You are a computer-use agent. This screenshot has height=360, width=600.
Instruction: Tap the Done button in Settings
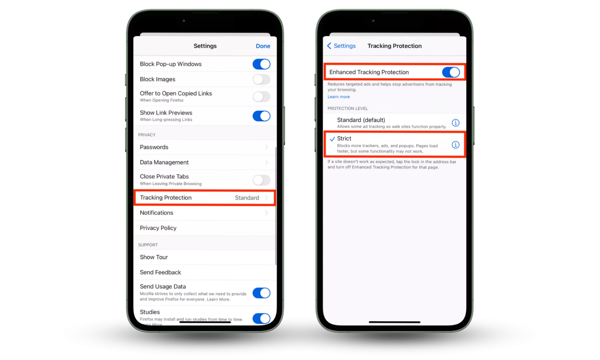click(263, 46)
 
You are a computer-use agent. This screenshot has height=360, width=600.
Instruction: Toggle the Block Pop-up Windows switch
click(261, 64)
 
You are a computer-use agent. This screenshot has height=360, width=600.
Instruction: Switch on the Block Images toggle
click(261, 79)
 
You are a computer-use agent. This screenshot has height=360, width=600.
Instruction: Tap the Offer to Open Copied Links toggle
click(261, 97)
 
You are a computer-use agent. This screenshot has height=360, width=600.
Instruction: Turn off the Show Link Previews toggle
click(261, 116)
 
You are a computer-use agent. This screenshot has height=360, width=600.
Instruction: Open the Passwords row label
click(154, 147)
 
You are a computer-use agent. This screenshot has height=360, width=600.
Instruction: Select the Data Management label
click(164, 162)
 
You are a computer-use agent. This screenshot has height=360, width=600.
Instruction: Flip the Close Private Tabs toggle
click(261, 180)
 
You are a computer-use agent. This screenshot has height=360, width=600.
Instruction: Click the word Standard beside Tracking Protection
click(247, 198)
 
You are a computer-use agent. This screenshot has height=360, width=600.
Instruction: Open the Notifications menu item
click(156, 213)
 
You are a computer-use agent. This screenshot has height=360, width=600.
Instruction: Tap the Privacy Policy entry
click(158, 228)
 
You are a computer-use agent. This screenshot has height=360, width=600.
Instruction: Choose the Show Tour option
click(154, 257)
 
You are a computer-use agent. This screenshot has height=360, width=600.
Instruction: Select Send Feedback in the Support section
click(160, 272)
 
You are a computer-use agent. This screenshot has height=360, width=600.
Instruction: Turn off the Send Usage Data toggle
click(261, 293)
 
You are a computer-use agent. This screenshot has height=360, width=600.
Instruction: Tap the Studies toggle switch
click(261, 318)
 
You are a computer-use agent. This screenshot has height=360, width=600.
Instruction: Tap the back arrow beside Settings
click(329, 46)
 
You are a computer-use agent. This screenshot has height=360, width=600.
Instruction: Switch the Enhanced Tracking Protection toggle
click(451, 72)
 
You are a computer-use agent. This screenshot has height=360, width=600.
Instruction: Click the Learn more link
click(339, 97)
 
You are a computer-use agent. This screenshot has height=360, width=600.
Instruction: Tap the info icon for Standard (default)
click(456, 123)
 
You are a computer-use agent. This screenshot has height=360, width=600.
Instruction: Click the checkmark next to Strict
click(332, 139)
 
